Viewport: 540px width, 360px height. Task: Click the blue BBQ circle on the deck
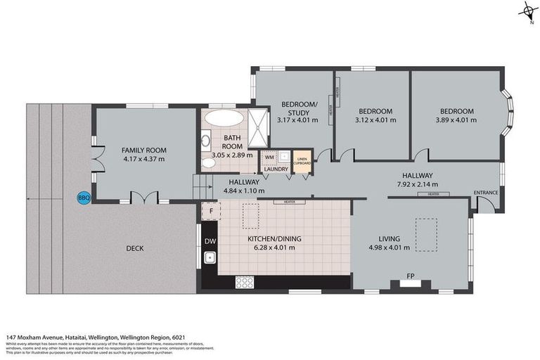[83, 198]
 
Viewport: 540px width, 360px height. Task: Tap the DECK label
[136, 248]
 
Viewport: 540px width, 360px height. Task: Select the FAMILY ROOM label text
[143, 150]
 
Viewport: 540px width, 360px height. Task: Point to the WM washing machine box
[269, 157]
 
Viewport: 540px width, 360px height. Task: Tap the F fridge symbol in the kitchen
[210, 210]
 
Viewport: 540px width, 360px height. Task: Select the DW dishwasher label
[210, 241]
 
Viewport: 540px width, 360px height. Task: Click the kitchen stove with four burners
[244, 282]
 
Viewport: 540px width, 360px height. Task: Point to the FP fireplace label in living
[409, 276]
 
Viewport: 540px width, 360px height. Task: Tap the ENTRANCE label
[486, 192]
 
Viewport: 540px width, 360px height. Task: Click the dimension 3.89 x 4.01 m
[457, 120]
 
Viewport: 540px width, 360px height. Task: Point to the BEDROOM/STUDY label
[300, 108]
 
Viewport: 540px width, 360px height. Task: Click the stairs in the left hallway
[202, 186]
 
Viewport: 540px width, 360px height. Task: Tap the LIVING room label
[388, 238]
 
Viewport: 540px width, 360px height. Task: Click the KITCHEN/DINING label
[274, 239]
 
